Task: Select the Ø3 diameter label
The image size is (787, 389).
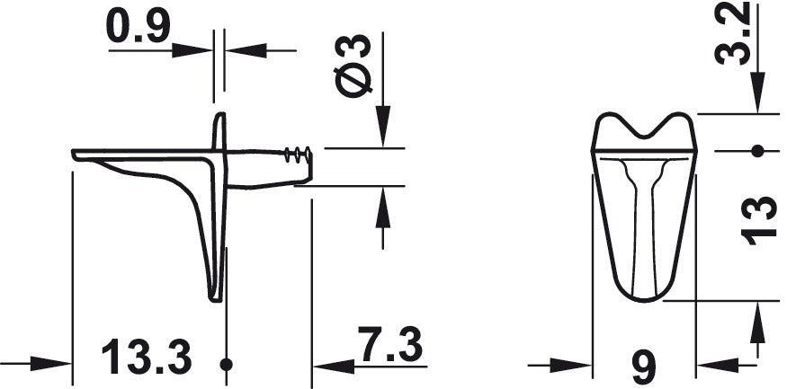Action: pos(353,66)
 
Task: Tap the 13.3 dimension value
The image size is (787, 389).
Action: pos(147,357)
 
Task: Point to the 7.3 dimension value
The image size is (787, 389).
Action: pos(390,344)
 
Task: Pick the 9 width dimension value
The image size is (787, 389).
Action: pos(644,368)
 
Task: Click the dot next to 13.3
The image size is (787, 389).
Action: pos(227,365)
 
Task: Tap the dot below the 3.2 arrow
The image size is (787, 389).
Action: pos(757,150)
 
